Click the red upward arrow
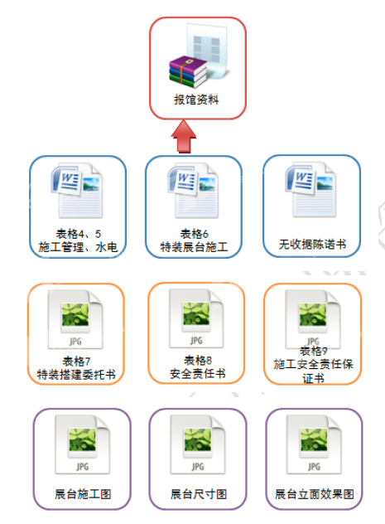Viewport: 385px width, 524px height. (184, 137)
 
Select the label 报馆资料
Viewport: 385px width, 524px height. (196, 99)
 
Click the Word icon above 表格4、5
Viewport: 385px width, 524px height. (77, 191)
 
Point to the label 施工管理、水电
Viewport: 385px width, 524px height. (78, 247)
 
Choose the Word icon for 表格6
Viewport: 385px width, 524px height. (194, 191)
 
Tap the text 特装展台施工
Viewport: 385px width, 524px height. (194, 247)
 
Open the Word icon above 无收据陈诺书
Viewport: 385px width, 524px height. (311, 190)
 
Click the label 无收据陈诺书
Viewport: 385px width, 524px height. (312, 245)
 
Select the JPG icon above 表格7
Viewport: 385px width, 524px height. (75, 319)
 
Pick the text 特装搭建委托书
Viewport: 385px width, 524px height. (76, 375)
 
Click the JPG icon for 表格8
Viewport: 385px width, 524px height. (196, 318)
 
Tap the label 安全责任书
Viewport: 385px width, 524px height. (198, 373)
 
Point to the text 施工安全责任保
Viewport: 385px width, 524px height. (313, 364)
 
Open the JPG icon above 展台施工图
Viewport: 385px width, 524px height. (83, 444)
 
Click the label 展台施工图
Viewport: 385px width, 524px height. (83, 494)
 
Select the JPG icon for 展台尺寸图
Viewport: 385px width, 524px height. (198, 444)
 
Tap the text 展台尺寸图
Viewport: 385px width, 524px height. (199, 494)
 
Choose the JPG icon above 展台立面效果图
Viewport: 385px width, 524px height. (314, 444)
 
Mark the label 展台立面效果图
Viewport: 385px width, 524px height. (315, 494)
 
